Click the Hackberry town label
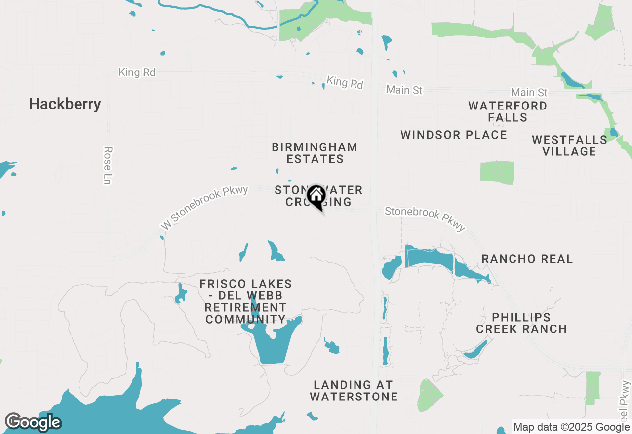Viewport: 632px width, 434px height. click(65, 104)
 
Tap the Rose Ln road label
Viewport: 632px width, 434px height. click(108, 165)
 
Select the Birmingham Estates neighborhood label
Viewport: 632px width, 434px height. click(315, 153)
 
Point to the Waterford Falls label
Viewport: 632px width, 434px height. click(507, 111)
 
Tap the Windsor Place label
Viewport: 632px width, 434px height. click(454, 135)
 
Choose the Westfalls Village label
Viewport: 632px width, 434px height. click(569, 145)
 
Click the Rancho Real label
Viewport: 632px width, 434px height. click(527, 259)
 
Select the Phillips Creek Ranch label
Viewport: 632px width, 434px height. click(521, 323)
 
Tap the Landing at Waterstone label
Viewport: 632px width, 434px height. click(353, 390)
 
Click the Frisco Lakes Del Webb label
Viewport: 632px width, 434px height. click(245, 301)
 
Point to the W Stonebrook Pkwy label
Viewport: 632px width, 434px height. click(204, 207)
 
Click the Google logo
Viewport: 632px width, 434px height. click(33, 422)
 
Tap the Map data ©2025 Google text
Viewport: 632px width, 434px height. click(571, 427)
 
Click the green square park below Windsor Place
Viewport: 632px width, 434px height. click(497, 173)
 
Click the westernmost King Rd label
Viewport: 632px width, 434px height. click(137, 72)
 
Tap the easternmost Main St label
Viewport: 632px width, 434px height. click(529, 92)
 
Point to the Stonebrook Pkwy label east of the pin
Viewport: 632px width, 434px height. click(425, 218)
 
